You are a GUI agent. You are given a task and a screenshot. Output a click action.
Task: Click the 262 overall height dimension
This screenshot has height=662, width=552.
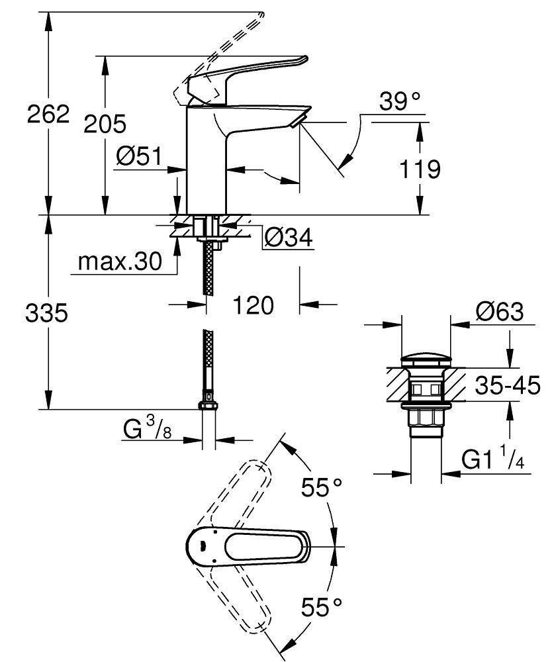pyautogui.click(x=48, y=114)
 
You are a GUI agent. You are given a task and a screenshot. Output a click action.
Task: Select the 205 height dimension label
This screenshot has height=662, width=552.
pyautogui.click(x=105, y=124)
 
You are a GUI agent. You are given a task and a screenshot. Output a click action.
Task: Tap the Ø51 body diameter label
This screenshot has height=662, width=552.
pyautogui.click(x=139, y=157)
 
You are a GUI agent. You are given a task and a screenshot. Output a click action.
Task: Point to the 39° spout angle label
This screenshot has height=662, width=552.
pyautogui.click(x=400, y=101)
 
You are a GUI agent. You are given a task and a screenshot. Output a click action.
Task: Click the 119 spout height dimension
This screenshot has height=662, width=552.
pyautogui.click(x=420, y=169)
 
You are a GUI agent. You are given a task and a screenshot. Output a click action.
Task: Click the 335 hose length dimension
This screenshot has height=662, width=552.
pyautogui.click(x=46, y=313)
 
